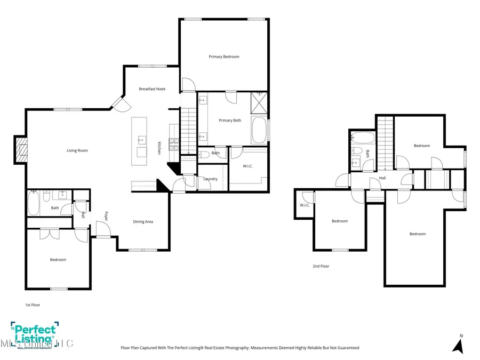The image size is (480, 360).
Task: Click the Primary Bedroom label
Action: (x=224, y=57)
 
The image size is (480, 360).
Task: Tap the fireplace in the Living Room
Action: (x=21, y=150)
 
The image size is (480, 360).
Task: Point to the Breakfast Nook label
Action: (x=152, y=89)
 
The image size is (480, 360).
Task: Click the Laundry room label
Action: (x=210, y=179)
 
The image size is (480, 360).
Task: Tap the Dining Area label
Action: (x=143, y=221)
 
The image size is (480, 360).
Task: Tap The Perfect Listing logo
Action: (x=33, y=334)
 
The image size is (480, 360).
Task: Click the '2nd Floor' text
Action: (x=321, y=266)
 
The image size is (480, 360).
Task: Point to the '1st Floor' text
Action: (x=33, y=305)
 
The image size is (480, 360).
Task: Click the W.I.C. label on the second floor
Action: (x=305, y=205)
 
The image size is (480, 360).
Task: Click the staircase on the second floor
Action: (x=385, y=141)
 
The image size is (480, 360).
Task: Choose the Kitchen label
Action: (x=159, y=148)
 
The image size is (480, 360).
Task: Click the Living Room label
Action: (x=77, y=150)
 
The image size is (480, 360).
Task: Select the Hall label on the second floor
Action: (x=382, y=178)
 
